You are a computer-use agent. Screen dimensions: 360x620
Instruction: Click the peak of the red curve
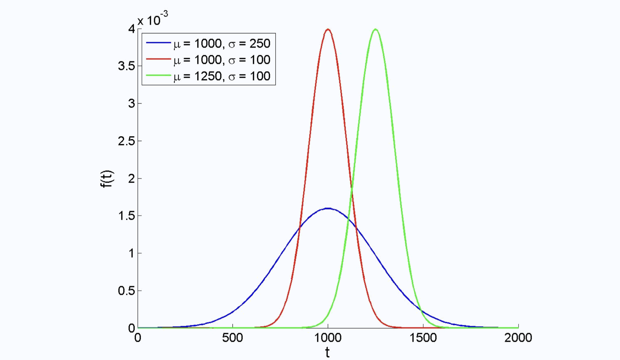tap(328, 29)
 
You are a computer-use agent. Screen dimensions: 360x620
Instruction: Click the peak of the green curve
tap(376, 29)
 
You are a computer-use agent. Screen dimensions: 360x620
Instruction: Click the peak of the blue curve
tap(328, 208)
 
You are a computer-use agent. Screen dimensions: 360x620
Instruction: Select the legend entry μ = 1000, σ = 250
tap(222, 44)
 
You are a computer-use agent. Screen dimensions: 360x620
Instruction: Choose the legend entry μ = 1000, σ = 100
tap(222, 60)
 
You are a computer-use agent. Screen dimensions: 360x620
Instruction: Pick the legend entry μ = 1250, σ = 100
tap(222, 76)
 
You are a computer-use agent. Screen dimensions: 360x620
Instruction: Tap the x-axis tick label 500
tap(232, 338)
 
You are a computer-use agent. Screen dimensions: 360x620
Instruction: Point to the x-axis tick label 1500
tap(423, 338)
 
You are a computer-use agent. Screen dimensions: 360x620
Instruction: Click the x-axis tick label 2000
tap(518, 338)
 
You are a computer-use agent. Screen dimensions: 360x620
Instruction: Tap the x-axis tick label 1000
tap(328, 338)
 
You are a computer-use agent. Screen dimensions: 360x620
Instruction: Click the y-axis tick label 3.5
tap(126, 66)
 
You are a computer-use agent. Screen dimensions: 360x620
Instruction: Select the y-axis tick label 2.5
tap(126, 141)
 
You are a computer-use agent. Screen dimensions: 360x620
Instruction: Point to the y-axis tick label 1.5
tap(126, 216)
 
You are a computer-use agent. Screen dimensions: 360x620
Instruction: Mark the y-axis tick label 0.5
tap(126, 291)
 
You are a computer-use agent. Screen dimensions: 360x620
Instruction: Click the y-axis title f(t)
tap(107, 179)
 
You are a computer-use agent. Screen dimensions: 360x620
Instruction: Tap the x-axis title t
tap(327, 353)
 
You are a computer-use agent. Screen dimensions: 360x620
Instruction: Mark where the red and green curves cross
tap(352, 187)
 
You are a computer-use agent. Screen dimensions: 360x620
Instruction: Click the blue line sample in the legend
tap(158, 43)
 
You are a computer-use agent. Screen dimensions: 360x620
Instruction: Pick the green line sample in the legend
tap(158, 75)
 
